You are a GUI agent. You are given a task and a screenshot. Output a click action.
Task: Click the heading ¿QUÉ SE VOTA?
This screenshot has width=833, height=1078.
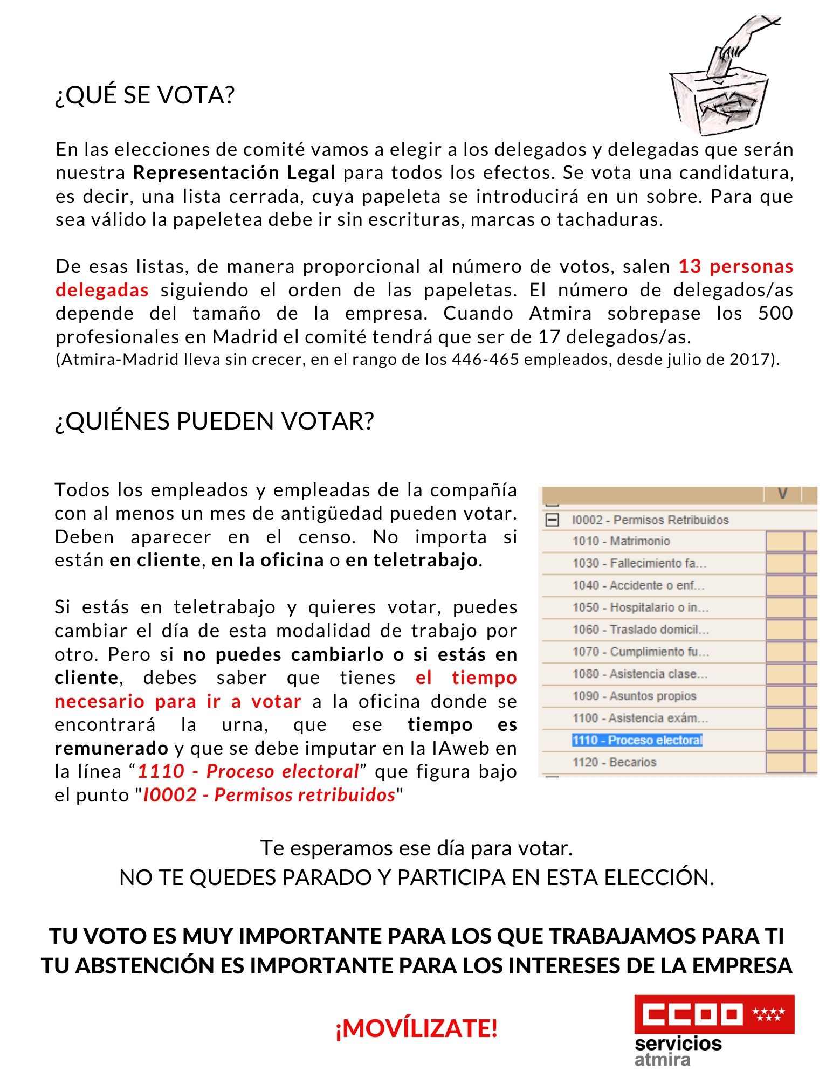point(144,95)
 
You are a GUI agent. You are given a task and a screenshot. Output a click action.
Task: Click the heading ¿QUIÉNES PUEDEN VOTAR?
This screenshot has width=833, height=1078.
point(214,421)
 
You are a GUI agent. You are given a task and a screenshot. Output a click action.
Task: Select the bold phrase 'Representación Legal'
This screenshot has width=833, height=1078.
point(234,173)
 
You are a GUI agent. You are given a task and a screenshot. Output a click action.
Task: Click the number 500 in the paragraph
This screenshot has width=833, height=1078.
point(775,313)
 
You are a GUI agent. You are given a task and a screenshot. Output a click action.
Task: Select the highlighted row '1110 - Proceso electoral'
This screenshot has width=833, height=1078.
point(637,740)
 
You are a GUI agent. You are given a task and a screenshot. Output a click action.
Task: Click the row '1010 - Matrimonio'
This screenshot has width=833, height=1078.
point(621,541)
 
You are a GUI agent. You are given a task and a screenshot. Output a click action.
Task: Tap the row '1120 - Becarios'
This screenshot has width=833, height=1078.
point(614,762)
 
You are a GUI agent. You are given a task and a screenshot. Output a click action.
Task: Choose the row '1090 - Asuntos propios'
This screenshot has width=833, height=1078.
point(634,696)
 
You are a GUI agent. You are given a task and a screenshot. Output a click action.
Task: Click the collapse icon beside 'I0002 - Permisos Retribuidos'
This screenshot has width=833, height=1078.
point(553,520)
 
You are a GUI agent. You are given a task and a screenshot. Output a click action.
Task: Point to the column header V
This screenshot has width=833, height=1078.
point(782,494)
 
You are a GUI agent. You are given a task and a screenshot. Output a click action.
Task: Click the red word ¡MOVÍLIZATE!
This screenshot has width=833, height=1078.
point(416,1028)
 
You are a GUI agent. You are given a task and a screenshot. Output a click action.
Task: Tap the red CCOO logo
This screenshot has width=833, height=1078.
point(714,1014)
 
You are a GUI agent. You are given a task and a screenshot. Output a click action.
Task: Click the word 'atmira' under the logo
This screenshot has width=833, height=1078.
point(662,1060)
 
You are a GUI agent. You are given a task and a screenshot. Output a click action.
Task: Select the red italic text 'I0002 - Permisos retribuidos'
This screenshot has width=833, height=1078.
point(269,795)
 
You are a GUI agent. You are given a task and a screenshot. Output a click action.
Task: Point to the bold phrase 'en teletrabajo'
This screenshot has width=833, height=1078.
point(412,561)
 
